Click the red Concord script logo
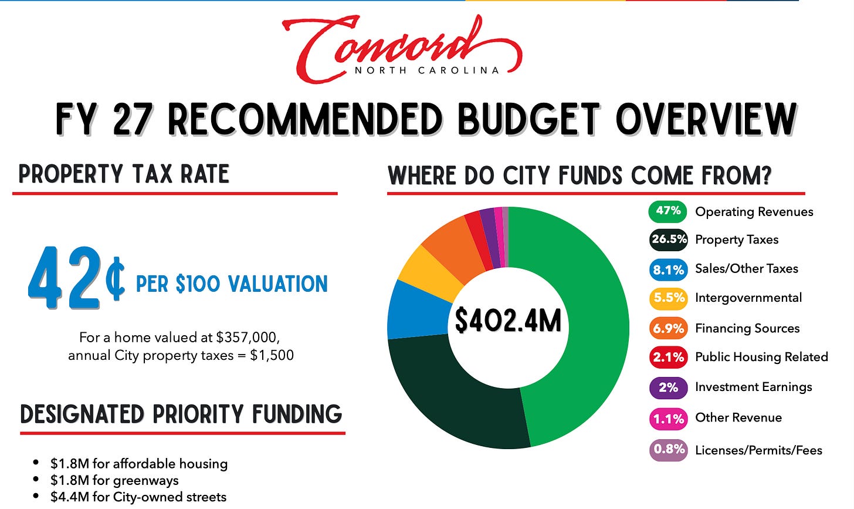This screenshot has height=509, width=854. [x=402, y=49]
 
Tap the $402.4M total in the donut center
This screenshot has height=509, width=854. [x=508, y=321]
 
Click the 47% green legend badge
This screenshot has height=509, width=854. [x=667, y=211]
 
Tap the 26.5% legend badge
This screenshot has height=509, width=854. [x=668, y=240]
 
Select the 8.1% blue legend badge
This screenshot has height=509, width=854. [x=668, y=269]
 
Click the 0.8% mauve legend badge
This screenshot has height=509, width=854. [x=668, y=450]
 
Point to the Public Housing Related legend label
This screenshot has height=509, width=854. [x=761, y=357]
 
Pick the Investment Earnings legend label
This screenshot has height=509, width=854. [x=753, y=387]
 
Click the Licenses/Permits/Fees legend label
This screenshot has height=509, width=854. [x=759, y=450]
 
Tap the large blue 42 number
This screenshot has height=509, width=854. [x=64, y=277]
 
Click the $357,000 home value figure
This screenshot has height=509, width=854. [x=248, y=338]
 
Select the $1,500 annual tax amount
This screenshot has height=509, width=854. [x=272, y=355]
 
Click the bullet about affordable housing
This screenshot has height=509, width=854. [x=131, y=464]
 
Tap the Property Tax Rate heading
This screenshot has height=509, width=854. [x=124, y=174]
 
